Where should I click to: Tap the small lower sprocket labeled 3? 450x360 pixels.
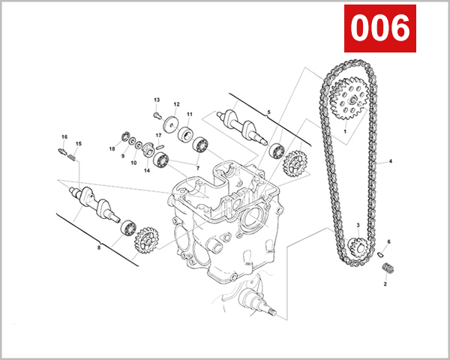[x=357, y=245]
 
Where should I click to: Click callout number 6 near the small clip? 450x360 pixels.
[x=388, y=241]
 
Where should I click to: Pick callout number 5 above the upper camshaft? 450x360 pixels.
[x=268, y=112]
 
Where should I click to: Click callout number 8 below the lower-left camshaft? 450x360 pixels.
[x=98, y=246]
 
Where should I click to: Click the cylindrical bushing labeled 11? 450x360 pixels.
[x=184, y=135]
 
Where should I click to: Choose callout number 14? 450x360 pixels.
[x=147, y=170]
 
